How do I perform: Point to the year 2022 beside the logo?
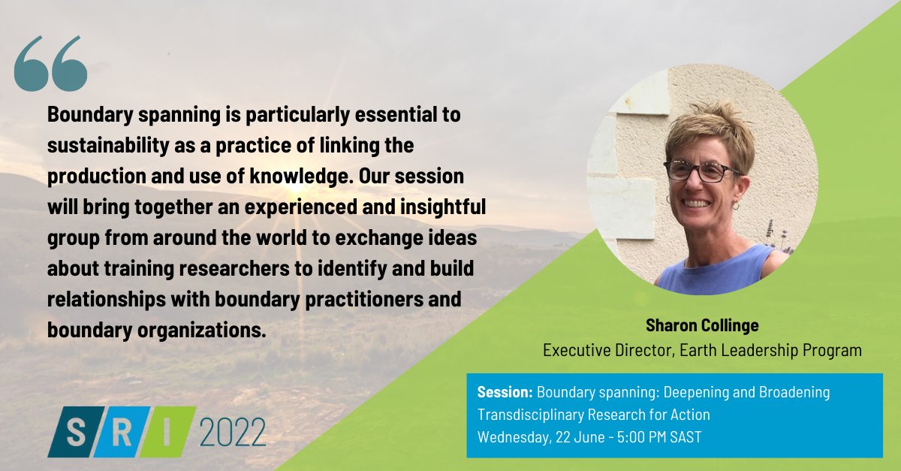point(233,433)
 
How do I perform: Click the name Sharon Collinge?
point(701,326)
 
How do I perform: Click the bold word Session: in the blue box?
point(505,393)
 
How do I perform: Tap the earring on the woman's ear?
point(735,204)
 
